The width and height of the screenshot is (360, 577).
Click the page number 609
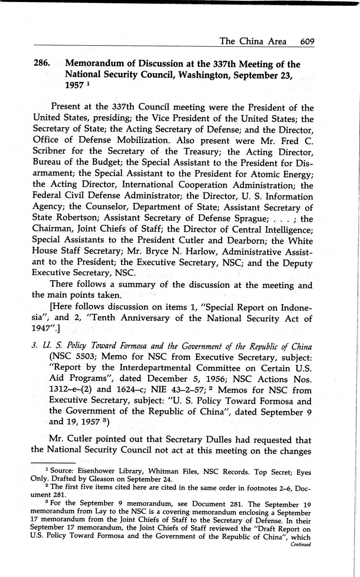[x=307, y=41]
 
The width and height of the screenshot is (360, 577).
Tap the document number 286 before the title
[x=43, y=64]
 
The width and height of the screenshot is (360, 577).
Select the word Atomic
[x=240, y=174]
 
